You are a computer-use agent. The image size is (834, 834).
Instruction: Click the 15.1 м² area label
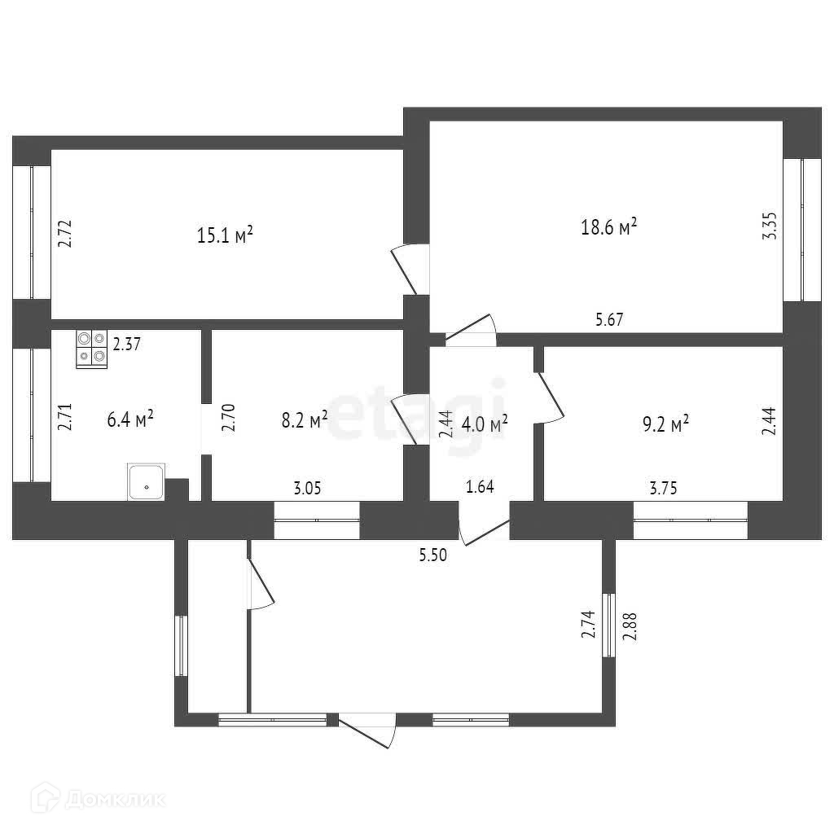pos(225,235)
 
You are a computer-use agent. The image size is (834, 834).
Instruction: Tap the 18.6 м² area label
pos(608,227)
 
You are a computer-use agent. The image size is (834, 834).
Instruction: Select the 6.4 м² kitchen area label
pos(130,420)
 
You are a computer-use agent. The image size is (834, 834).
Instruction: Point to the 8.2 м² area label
pos(305,419)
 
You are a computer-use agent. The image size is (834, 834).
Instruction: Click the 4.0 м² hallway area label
pos(485,423)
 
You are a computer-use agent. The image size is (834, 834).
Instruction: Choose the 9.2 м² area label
pos(665,423)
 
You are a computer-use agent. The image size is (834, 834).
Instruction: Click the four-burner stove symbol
pos(92,349)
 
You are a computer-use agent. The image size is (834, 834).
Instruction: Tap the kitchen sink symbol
pos(147,481)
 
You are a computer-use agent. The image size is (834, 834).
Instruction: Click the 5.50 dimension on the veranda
pos(433,555)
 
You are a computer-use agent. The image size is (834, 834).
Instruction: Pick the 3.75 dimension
pos(663,489)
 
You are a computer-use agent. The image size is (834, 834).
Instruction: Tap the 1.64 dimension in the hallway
pos(480,487)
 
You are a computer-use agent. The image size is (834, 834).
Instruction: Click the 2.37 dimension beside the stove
pos(127,345)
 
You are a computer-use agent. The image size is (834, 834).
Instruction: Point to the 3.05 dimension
pos(308,489)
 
